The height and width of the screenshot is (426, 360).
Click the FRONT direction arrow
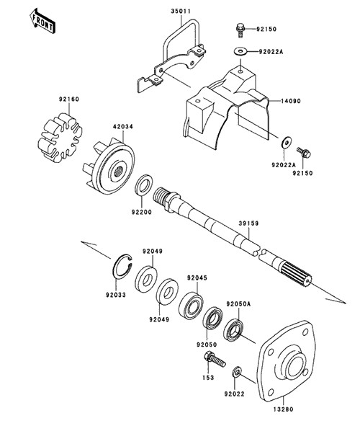coord(42,21)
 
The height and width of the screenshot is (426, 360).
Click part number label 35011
coord(181,11)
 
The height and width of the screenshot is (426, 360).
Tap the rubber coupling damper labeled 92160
coord(60,138)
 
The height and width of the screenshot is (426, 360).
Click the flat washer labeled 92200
coord(143,185)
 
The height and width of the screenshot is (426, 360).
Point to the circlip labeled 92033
coord(122,267)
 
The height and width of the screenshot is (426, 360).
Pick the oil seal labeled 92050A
coord(233,329)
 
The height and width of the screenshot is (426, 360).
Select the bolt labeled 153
coord(214,359)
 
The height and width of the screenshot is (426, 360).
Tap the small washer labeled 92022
coord(237,372)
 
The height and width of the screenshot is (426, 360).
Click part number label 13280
coord(283,409)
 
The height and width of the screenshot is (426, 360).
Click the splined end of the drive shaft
coord(297,274)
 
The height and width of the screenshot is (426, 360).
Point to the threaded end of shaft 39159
coord(162,198)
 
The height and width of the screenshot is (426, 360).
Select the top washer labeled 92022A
coord(240,50)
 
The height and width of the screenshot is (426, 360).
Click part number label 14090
coord(291,101)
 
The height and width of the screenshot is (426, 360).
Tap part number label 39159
coord(249,223)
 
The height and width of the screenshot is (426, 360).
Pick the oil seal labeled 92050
coord(213,318)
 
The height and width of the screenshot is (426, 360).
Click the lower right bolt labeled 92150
coord(304,153)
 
